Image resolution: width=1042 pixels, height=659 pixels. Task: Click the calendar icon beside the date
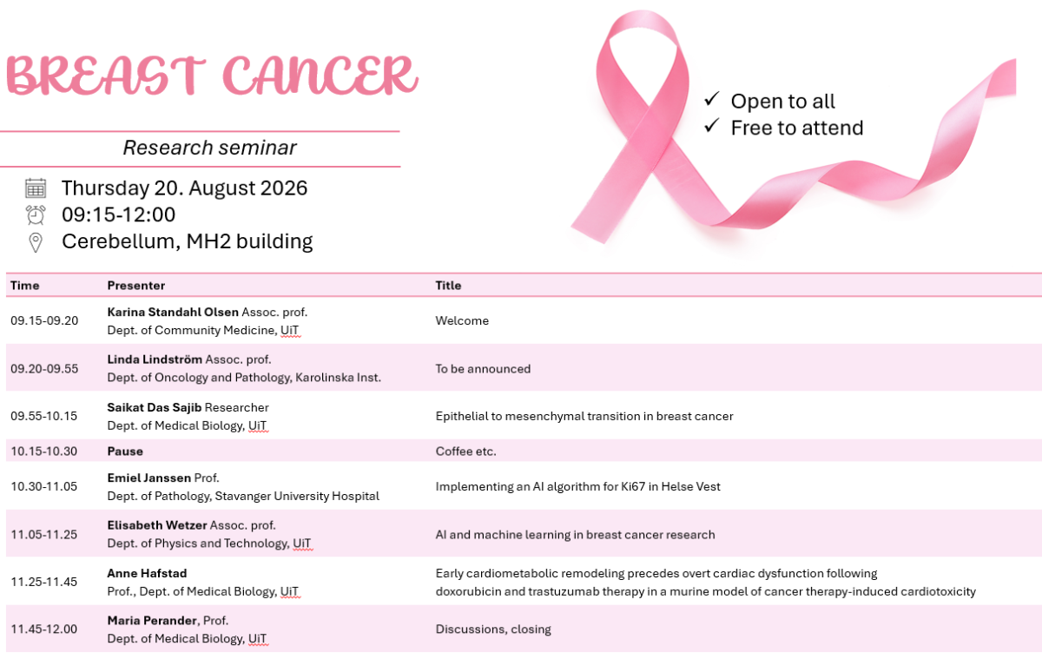pos(36,188)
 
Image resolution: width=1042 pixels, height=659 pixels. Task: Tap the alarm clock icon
pos(36,214)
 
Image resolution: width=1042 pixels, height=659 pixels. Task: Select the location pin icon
pos(36,242)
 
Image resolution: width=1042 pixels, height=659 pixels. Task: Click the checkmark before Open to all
pos(712,99)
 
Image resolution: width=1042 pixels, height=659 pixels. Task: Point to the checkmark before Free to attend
pos(712,126)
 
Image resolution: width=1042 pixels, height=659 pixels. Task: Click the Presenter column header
pos(135,286)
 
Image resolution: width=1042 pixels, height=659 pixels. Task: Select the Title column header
pos(448,286)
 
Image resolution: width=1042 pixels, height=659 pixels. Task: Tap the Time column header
pos(24,286)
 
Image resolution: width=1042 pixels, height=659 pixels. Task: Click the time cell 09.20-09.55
pos(44,369)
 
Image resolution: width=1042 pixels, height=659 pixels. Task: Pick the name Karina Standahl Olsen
pos(173,312)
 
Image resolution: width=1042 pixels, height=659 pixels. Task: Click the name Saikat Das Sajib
pos(155,407)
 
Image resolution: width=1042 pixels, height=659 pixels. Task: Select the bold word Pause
pos(125,451)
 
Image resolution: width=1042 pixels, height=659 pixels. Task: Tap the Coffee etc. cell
pos(465,451)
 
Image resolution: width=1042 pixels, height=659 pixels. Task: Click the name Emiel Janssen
pos(148,478)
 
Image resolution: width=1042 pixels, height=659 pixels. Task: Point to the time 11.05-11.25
pos(43,534)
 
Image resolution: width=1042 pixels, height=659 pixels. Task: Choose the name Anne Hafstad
pos(147,573)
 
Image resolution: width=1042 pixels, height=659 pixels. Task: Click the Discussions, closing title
pos(493,629)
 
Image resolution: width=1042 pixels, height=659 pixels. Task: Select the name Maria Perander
pos(152,621)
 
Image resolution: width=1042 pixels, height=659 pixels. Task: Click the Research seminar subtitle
pos(209,148)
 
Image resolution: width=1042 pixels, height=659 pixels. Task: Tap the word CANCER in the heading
pos(320,76)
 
